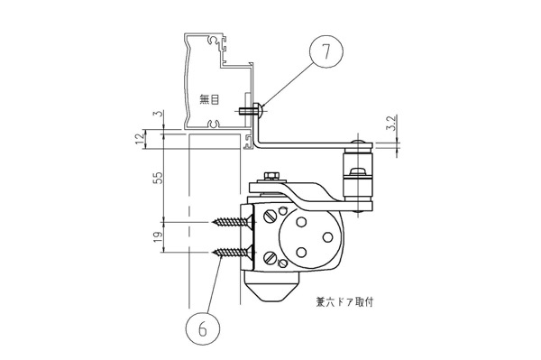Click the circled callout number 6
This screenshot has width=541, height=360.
(x=203, y=328)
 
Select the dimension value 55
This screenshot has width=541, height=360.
(x=159, y=179)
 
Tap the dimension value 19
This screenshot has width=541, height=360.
(x=159, y=236)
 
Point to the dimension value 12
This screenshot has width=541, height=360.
(x=140, y=139)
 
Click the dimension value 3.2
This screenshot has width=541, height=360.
(x=392, y=123)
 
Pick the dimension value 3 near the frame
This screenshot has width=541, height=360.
(x=159, y=114)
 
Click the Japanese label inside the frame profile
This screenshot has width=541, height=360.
(x=209, y=100)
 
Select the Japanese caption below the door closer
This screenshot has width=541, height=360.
(x=344, y=302)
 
